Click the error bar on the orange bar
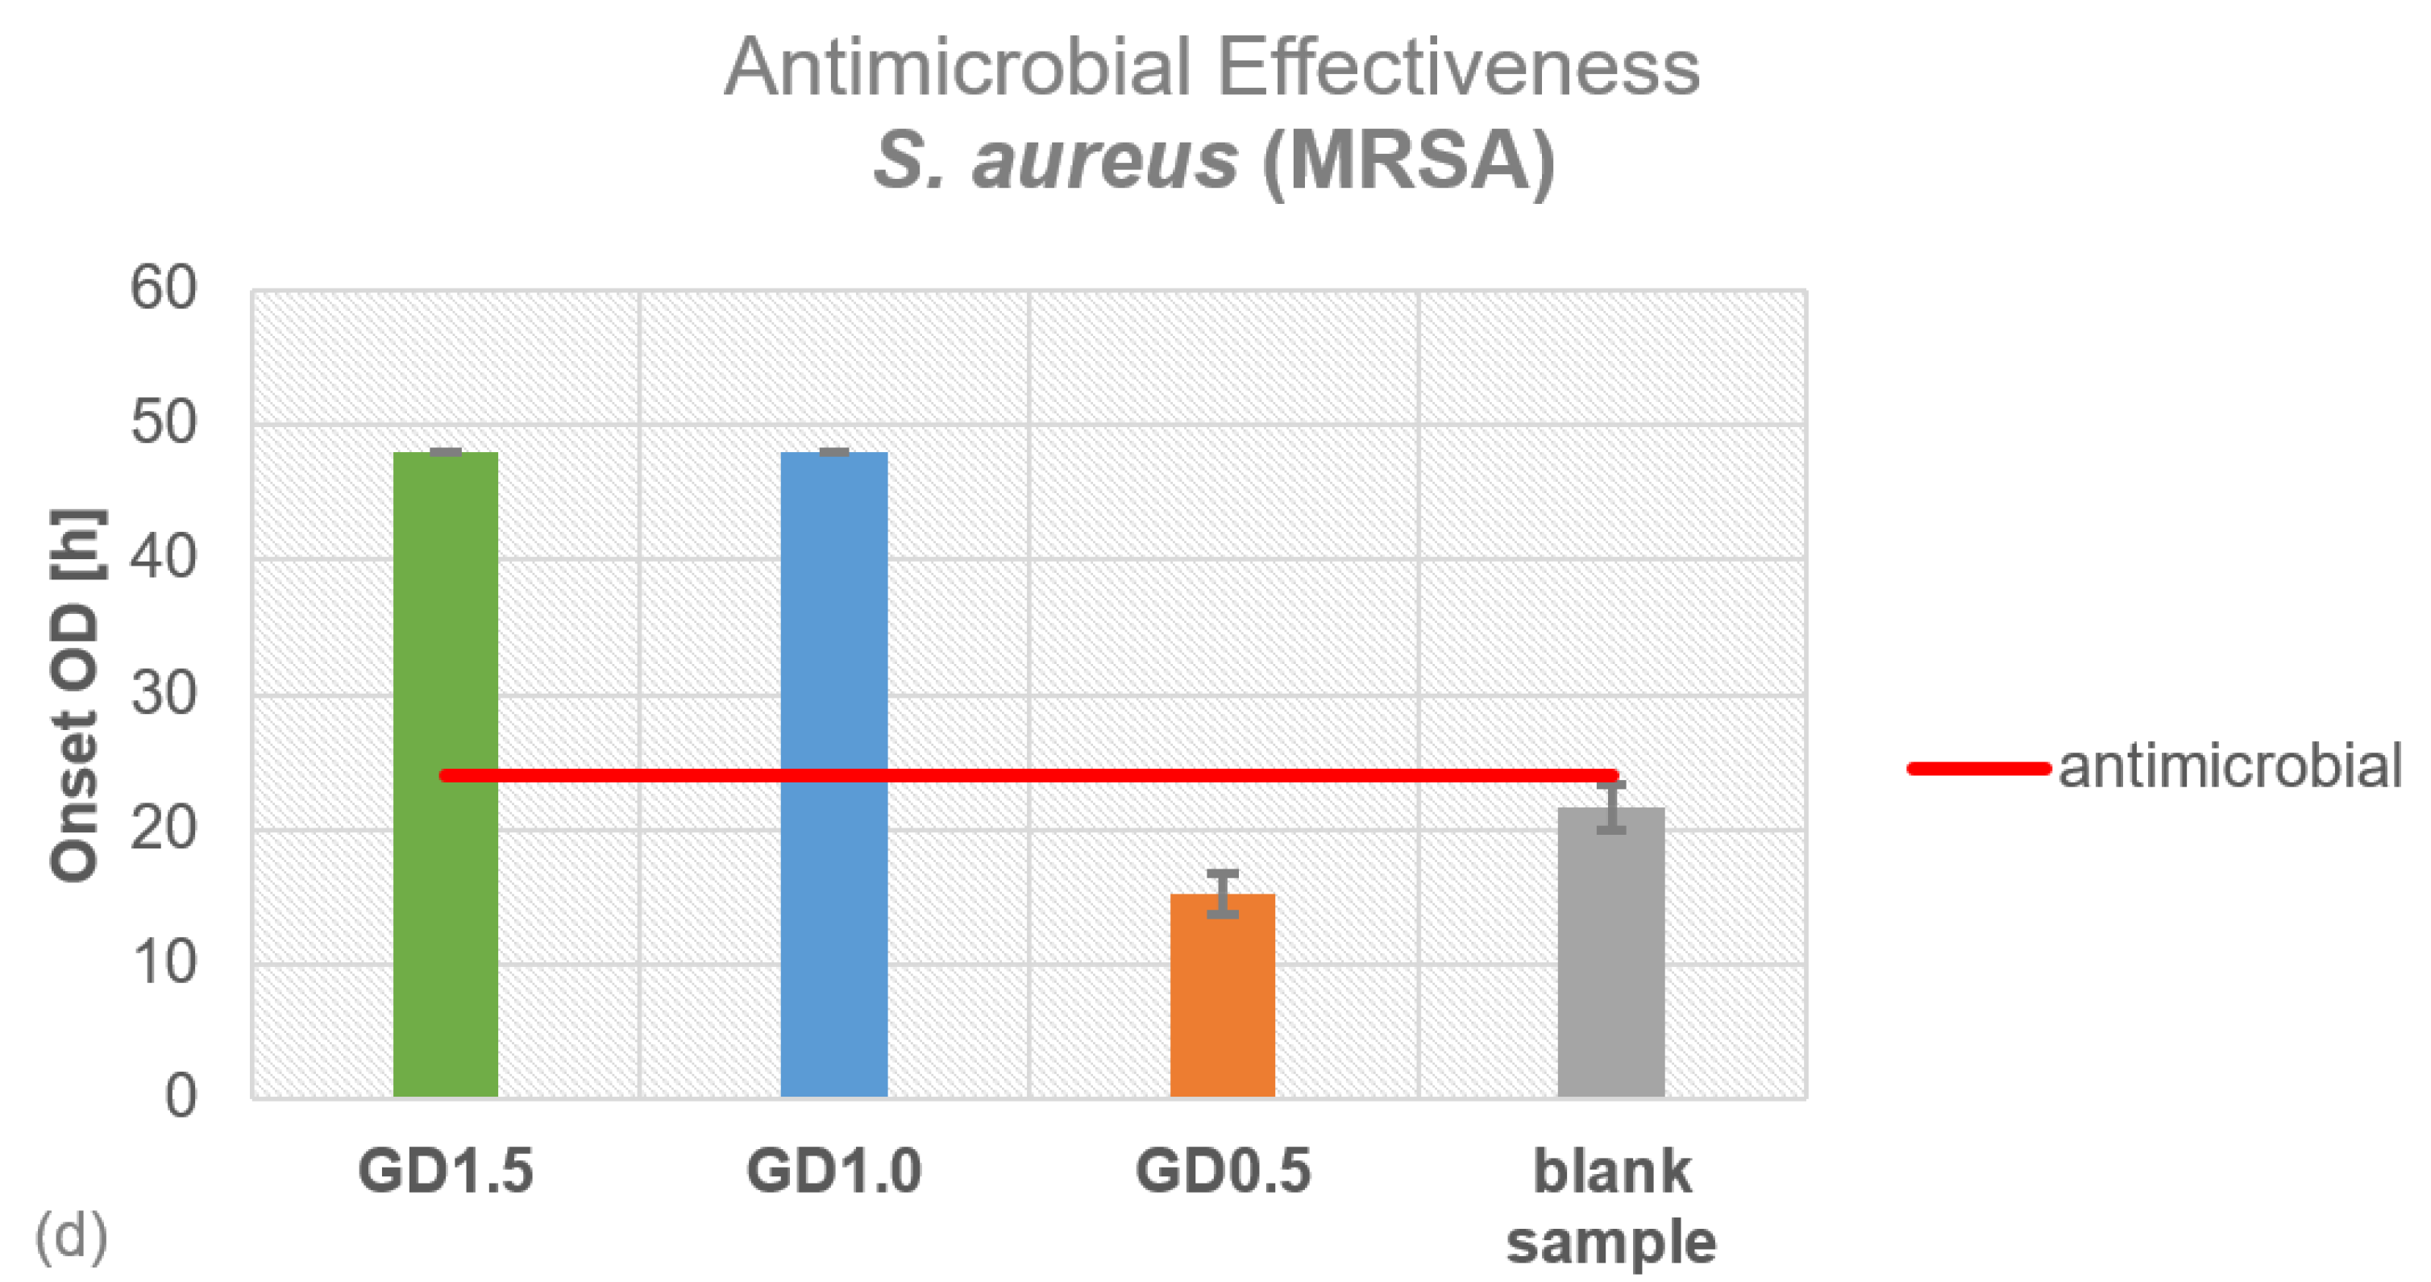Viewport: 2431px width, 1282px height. pyautogui.click(x=1222, y=894)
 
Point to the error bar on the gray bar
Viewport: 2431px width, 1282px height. pyautogui.click(x=1611, y=807)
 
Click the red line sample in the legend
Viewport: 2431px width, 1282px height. pyautogui.click(x=1978, y=768)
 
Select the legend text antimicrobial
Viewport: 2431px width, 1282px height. pyautogui.click(x=2229, y=766)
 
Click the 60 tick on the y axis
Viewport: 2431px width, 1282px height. pyautogui.click(x=164, y=288)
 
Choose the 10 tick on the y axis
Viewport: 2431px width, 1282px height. pyautogui.click(x=164, y=963)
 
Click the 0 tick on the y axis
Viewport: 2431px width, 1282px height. pyautogui.click(x=179, y=1097)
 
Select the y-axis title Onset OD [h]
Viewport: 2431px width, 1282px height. pyautogui.click(x=76, y=695)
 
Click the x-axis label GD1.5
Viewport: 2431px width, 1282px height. pyautogui.click(x=446, y=1171)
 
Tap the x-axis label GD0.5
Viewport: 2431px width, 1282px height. pyautogui.click(x=1222, y=1171)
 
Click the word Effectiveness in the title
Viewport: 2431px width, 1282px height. pyautogui.click(x=1458, y=68)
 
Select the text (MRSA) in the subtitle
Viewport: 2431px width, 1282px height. pyautogui.click(x=1408, y=160)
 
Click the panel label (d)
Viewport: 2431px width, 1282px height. pyautogui.click(x=71, y=1237)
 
